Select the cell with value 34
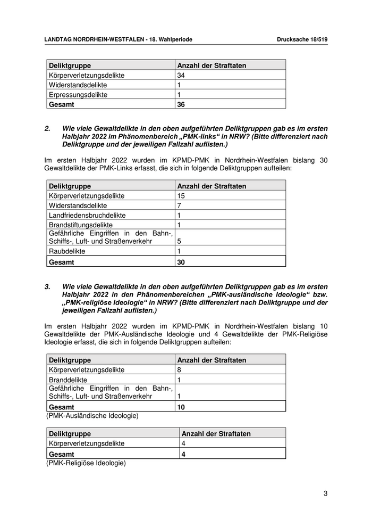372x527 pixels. (x=181, y=76)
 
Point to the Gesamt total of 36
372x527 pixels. (x=181, y=105)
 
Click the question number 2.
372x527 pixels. (x=47, y=129)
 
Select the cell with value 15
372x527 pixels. (x=181, y=196)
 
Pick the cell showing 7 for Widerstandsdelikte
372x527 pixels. (x=179, y=205)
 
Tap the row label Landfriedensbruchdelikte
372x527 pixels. (x=87, y=215)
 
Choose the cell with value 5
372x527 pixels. (x=179, y=241)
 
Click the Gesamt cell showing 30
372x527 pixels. (x=181, y=262)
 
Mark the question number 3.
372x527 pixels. (x=47, y=287)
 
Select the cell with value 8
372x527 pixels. (x=179, y=369)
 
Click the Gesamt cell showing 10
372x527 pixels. (x=181, y=407)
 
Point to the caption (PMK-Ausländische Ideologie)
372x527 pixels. (x=92, y=416)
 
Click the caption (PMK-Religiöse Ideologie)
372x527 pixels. (x=86, y=463)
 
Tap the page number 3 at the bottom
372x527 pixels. (x=325, y=493)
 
